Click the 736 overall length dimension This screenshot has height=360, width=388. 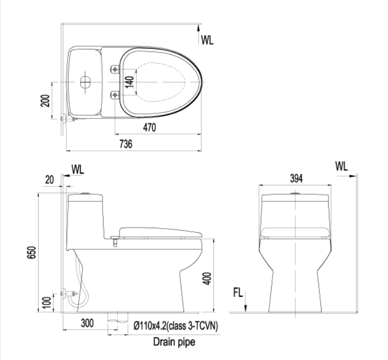[126, 144]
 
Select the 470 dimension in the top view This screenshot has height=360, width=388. [149, 128]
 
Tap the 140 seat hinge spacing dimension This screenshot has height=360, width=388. [129, 82]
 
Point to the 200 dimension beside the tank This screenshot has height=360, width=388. [45, 100]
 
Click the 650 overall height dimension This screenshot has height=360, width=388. [31, 252]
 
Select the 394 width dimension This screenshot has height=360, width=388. [296, 178]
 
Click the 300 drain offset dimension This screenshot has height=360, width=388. [88, 323]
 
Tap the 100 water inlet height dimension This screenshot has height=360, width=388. [47, 302]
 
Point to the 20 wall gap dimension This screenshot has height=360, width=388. [49, 180]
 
